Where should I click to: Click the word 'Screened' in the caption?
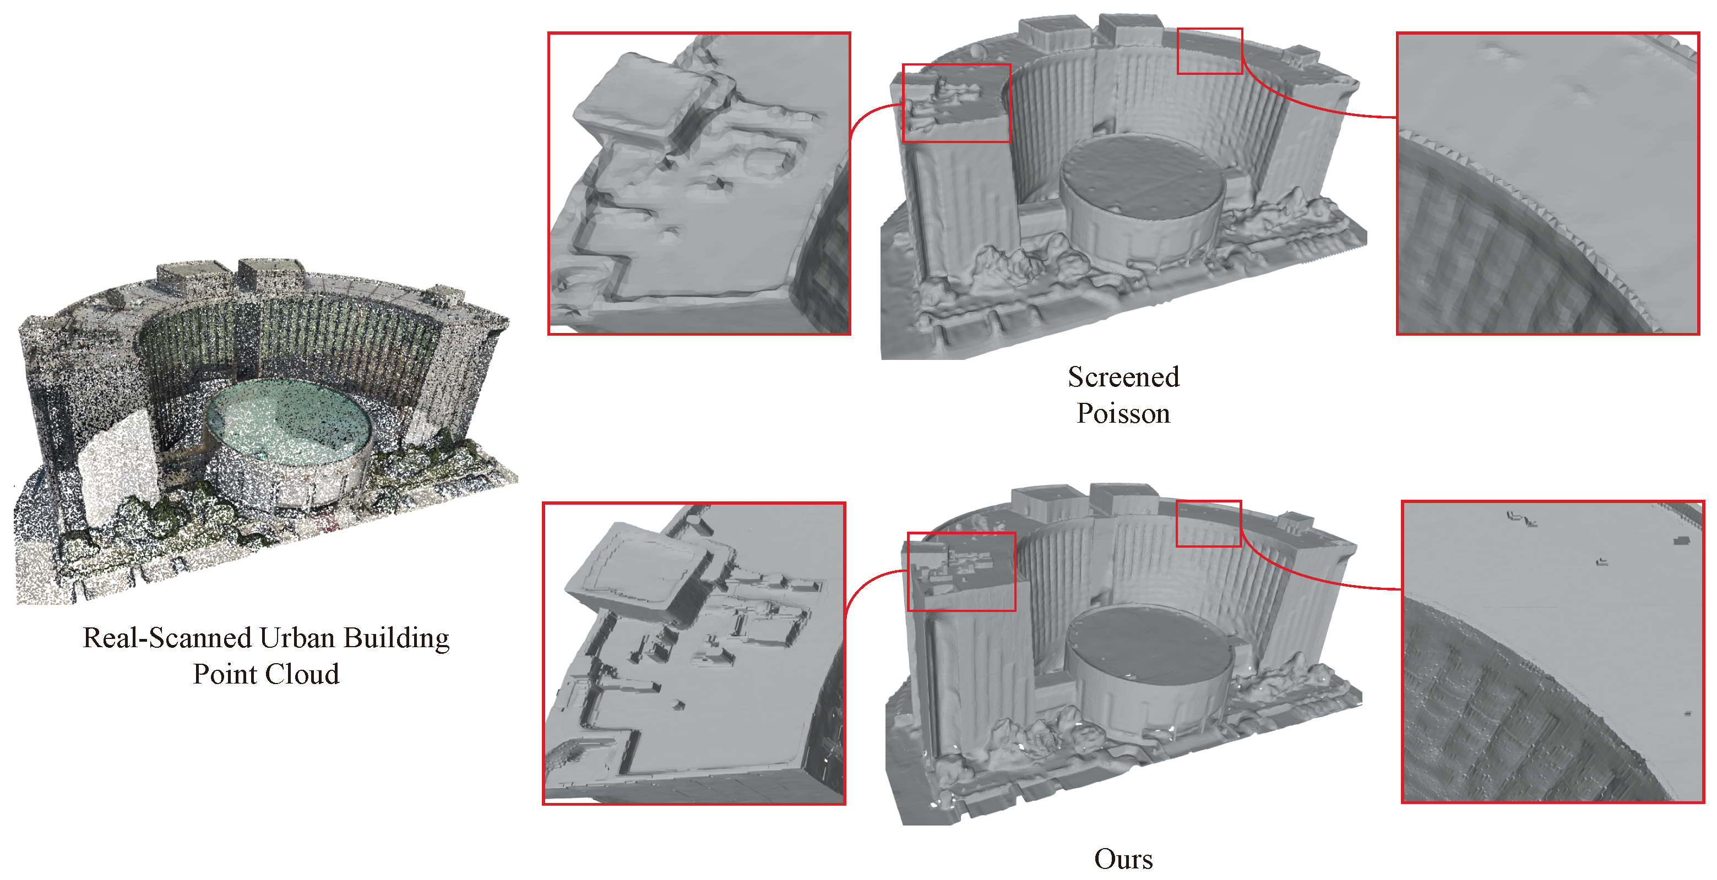[1123, 377]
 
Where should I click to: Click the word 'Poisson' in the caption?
[1123, 414]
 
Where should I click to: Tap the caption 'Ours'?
[1123, 859]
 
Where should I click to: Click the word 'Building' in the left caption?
[396, 638]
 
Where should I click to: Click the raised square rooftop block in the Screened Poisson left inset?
[640, 93]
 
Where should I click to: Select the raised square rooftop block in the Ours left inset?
[633, 566]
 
